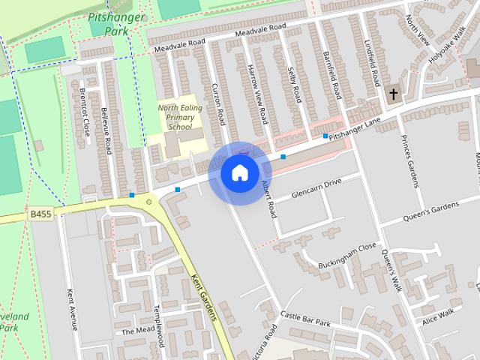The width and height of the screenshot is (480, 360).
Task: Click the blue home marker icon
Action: point(239,172)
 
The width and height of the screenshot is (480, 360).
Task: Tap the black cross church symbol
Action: point(393,94)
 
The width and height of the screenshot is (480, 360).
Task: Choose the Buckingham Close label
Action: point(346,246)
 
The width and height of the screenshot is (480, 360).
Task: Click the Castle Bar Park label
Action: point(306,319)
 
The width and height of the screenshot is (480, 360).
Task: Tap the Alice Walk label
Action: point(439,316)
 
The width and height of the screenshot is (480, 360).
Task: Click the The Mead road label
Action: point(137,331)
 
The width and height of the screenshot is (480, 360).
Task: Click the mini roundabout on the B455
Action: point(149,201)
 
